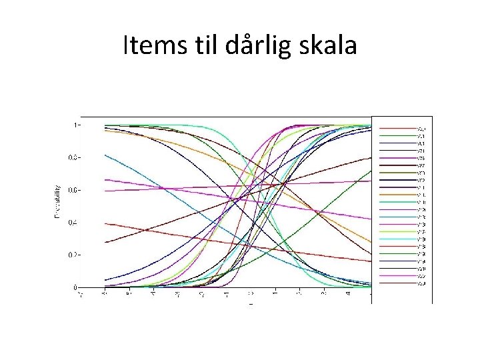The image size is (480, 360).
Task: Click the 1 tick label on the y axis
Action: [77, 125]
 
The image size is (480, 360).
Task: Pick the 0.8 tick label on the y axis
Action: [76, 158]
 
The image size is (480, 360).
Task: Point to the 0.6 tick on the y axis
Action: [76, 191]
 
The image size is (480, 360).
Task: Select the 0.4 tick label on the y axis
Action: [76, 223]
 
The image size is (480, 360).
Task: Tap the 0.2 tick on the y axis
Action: [76, 255]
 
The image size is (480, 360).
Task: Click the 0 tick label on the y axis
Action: [77, 287]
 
